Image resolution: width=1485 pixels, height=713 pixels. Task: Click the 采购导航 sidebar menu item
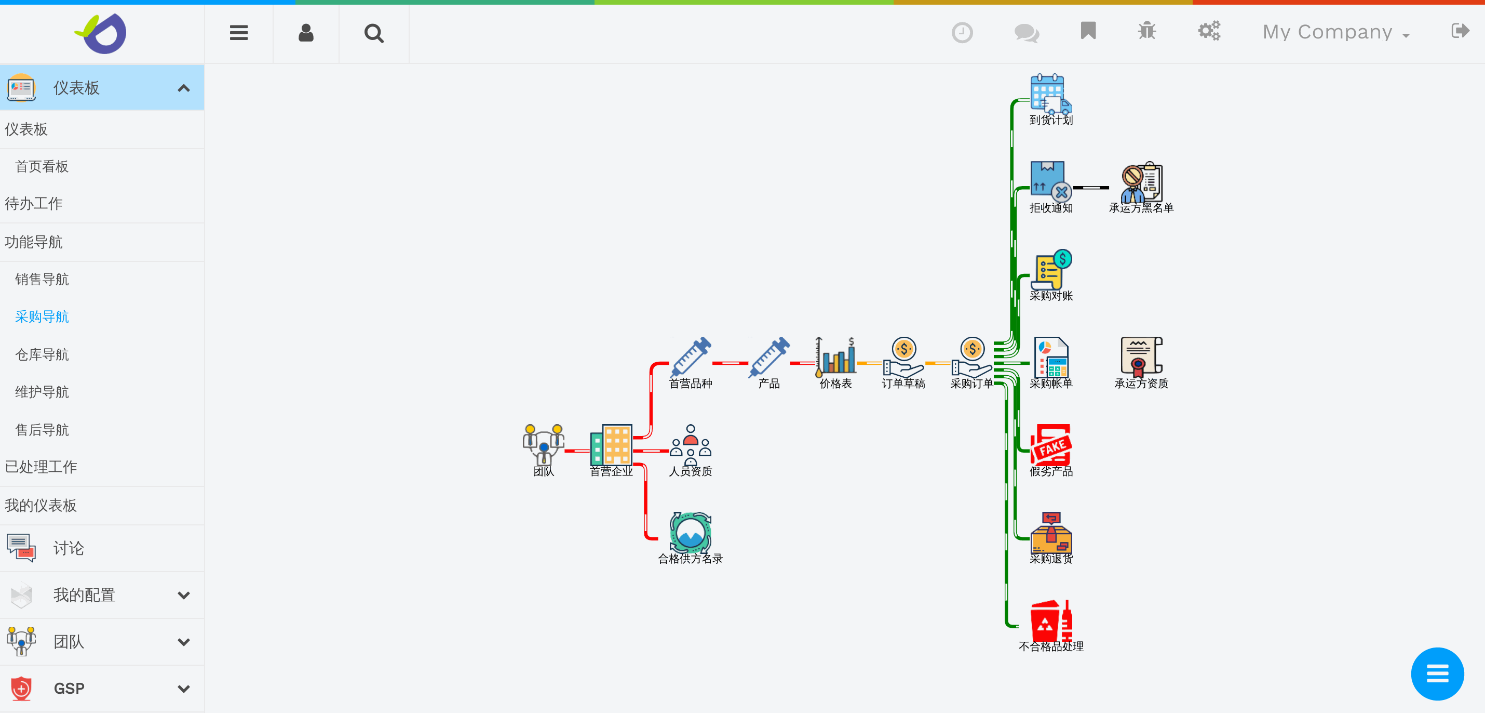click(42, 316)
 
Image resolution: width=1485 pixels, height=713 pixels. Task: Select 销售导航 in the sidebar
click(42, 279)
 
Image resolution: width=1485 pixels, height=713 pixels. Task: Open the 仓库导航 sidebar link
click(42, 354)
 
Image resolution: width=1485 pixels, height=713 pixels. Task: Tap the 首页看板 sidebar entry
click(42, 167)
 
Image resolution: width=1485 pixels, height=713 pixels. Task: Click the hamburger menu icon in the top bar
click(239, 33)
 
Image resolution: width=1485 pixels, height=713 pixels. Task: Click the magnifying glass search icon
click(373, 33)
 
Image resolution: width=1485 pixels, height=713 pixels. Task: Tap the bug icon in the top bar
click(1146, 31)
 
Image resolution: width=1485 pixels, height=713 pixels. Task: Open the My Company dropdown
click(1335, 32)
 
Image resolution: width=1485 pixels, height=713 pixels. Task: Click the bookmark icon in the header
click(1088, 31)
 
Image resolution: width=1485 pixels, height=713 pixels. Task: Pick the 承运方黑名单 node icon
click(1141, 182)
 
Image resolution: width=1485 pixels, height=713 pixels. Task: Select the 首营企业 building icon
click(611, 445)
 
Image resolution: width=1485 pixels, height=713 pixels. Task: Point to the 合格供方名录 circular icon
click(690, 532)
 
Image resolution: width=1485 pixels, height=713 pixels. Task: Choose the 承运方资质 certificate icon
click(1141, 356)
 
